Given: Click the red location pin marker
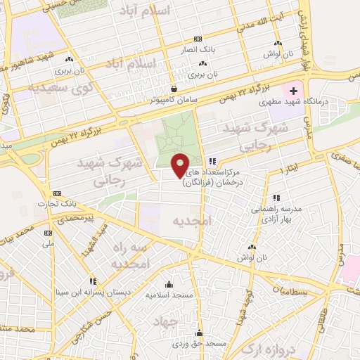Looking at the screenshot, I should click(181, 165).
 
